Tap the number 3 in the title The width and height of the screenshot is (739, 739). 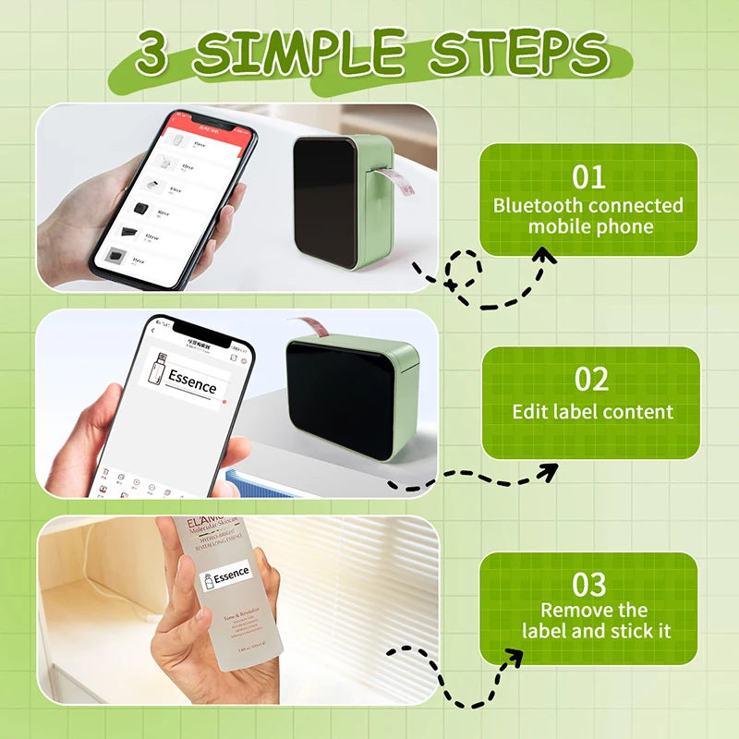click(154, 55)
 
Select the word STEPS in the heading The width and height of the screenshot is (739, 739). click(517, 53)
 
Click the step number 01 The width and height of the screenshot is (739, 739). click(588, 176)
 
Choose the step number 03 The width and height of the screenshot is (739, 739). click(588, 584)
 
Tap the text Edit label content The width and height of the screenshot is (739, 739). click(593, 411)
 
